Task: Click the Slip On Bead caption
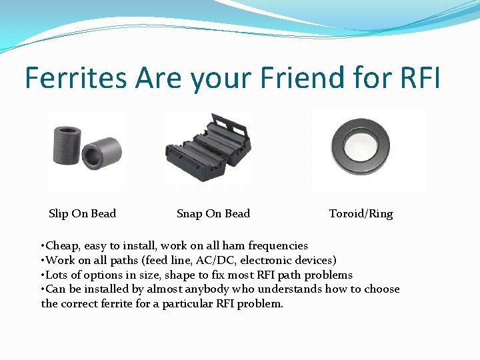click(x=82, y=214)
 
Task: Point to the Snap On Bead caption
click(x=213, y=214)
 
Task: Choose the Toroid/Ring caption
click(x=361, y=214)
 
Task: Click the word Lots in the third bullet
click(x=57, y=275)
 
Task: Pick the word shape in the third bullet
click(x=184, y=275)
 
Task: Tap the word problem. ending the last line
click(x=261, y=304)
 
